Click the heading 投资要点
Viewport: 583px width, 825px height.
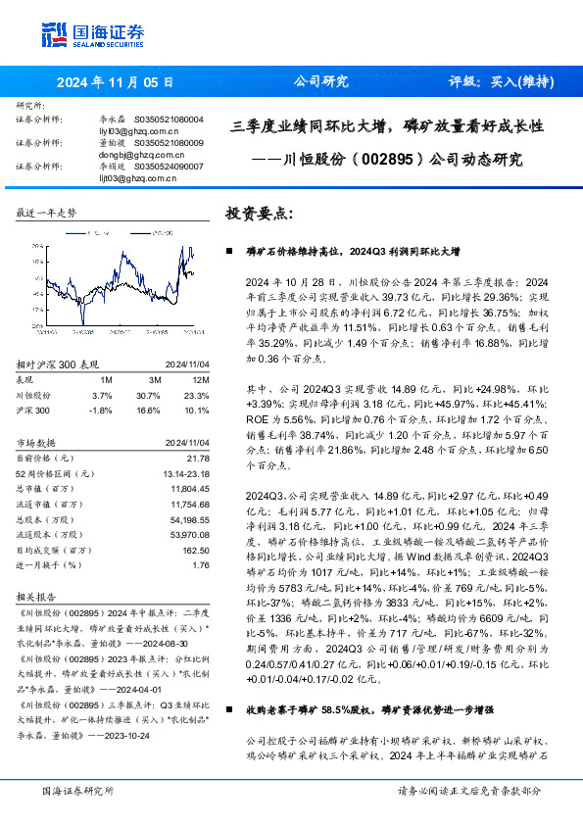[x=260, y=213]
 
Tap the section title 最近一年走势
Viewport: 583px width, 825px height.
[x=47, y=213]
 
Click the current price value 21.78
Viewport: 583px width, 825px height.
[x=199, y=458]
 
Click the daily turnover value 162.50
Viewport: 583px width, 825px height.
[x=197, y=551]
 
